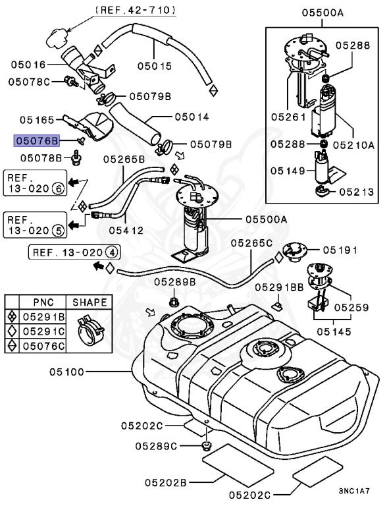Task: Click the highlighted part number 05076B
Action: [38, 140]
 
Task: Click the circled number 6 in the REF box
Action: [58, 188]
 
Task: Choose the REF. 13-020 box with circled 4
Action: [75, 252]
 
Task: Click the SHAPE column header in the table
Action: [90, 302]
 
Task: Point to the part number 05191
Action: [340, 250]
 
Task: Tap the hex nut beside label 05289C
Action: [207, 447]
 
